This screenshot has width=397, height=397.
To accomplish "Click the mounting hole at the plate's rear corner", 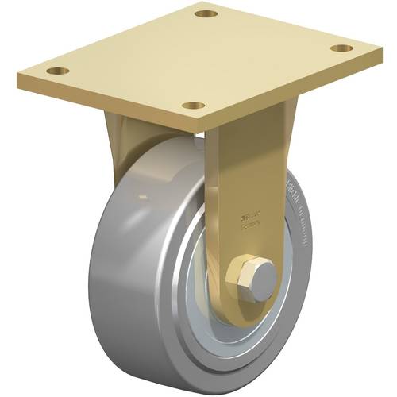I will click(206, 14).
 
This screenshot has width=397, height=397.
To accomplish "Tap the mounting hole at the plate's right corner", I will click(341, 48).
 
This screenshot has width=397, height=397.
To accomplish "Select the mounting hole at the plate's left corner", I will click(55, 71).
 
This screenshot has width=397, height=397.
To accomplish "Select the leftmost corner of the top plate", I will click(18, 78).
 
